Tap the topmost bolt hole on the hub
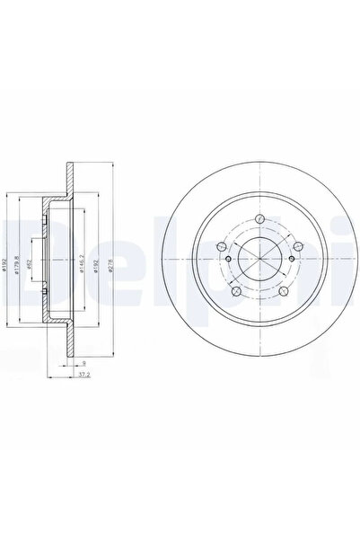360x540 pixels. pos(258,219)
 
